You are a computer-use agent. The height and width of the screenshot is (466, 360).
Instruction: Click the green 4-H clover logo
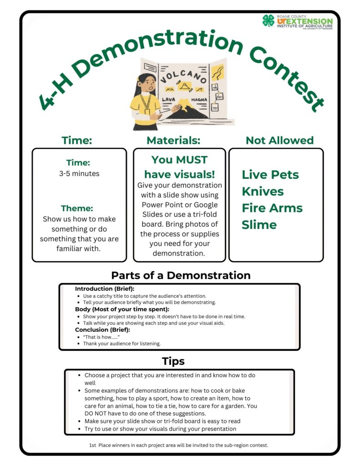(x=269, y=20)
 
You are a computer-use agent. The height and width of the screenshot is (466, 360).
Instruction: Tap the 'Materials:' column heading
(x=173, y=141)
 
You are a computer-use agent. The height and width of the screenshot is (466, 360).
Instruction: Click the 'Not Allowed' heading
(x=279, y=141)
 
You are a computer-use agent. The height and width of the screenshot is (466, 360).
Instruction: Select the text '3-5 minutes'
(x=79, y=173)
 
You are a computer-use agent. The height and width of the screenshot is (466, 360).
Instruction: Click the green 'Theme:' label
(x=79, y=208)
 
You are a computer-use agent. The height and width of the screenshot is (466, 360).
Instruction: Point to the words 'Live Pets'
(x=270, y=174)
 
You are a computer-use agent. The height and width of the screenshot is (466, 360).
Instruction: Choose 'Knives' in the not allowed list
(x=263, y=191)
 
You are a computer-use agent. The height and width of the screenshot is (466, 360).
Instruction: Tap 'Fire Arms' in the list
(x=272, y=208)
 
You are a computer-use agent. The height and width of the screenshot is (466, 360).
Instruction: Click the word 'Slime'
(x=259, y=224)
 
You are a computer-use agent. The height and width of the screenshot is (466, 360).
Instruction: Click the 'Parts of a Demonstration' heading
(x=181, y=275)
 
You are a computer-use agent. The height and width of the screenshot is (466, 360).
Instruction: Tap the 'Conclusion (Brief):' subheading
(x=102, y=329)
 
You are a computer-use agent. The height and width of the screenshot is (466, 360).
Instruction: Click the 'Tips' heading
(x=173, y=361)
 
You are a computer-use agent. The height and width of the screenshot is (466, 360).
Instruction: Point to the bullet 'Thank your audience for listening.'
(x=122, y=344)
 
